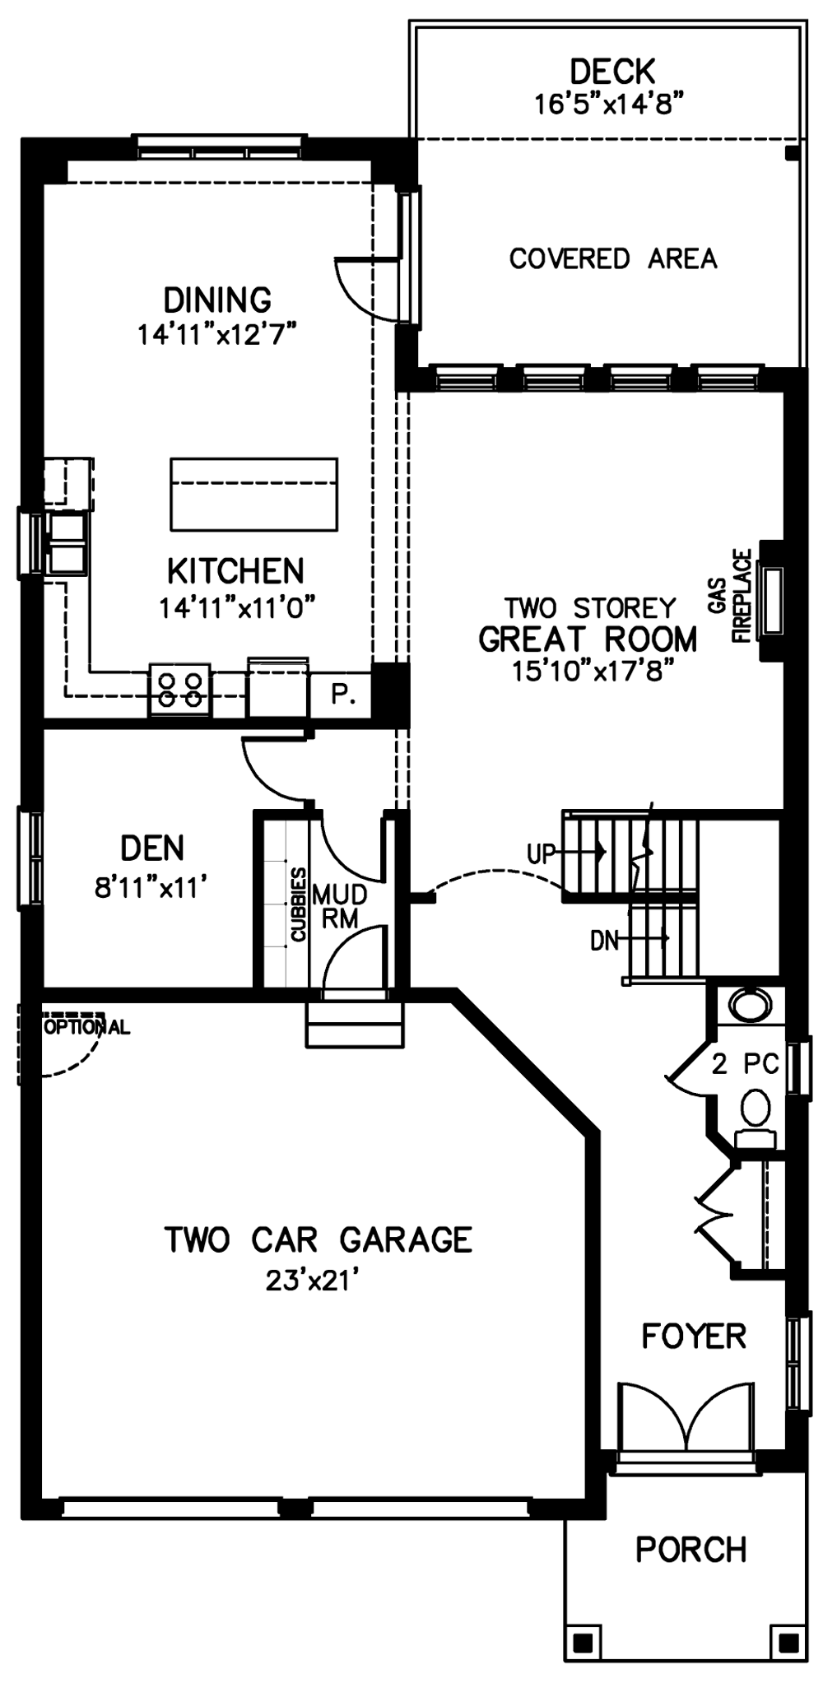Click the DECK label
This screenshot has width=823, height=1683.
click(612, 72)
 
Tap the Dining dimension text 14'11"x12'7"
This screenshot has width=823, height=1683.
click(217, 335)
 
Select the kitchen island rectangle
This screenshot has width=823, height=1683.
click(253, 494)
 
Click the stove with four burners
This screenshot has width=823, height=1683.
click(180, 690)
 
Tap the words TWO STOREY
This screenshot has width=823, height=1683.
click(590, 608)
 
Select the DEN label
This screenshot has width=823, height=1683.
click(152, 848)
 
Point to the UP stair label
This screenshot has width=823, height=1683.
click(542, 853)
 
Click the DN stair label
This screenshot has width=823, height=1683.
click(604, 940)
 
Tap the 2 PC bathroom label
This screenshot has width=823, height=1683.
click(745, 1064)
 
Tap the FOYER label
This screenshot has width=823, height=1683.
click(694, 1336)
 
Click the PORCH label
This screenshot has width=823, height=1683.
click(691, 1550)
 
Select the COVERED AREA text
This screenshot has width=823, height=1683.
click(613, 258)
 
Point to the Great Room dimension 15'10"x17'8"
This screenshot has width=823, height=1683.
click(588, 671)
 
